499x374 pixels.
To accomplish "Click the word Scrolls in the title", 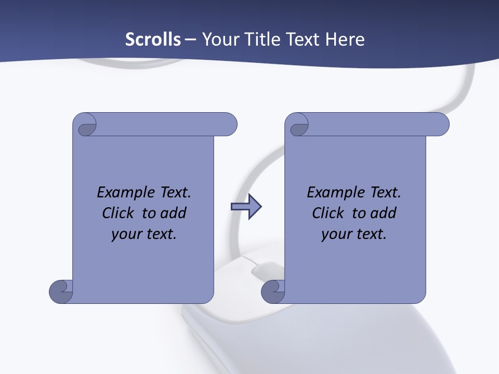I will [x=153, y=39].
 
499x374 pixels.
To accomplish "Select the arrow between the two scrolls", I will [x=246, y=207].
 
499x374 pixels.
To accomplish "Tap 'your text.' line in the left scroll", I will [x=144, y=234].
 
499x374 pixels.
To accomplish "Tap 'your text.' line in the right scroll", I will [x=354, y=234].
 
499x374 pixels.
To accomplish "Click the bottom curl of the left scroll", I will [x=60, y=291].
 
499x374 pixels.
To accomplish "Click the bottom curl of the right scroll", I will [x=272, y=291].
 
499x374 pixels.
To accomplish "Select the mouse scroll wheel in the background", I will [x=265, y=270].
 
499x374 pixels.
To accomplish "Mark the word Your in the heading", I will [x=219, y=39].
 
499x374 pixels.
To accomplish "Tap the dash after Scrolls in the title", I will [x=190, y=39].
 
